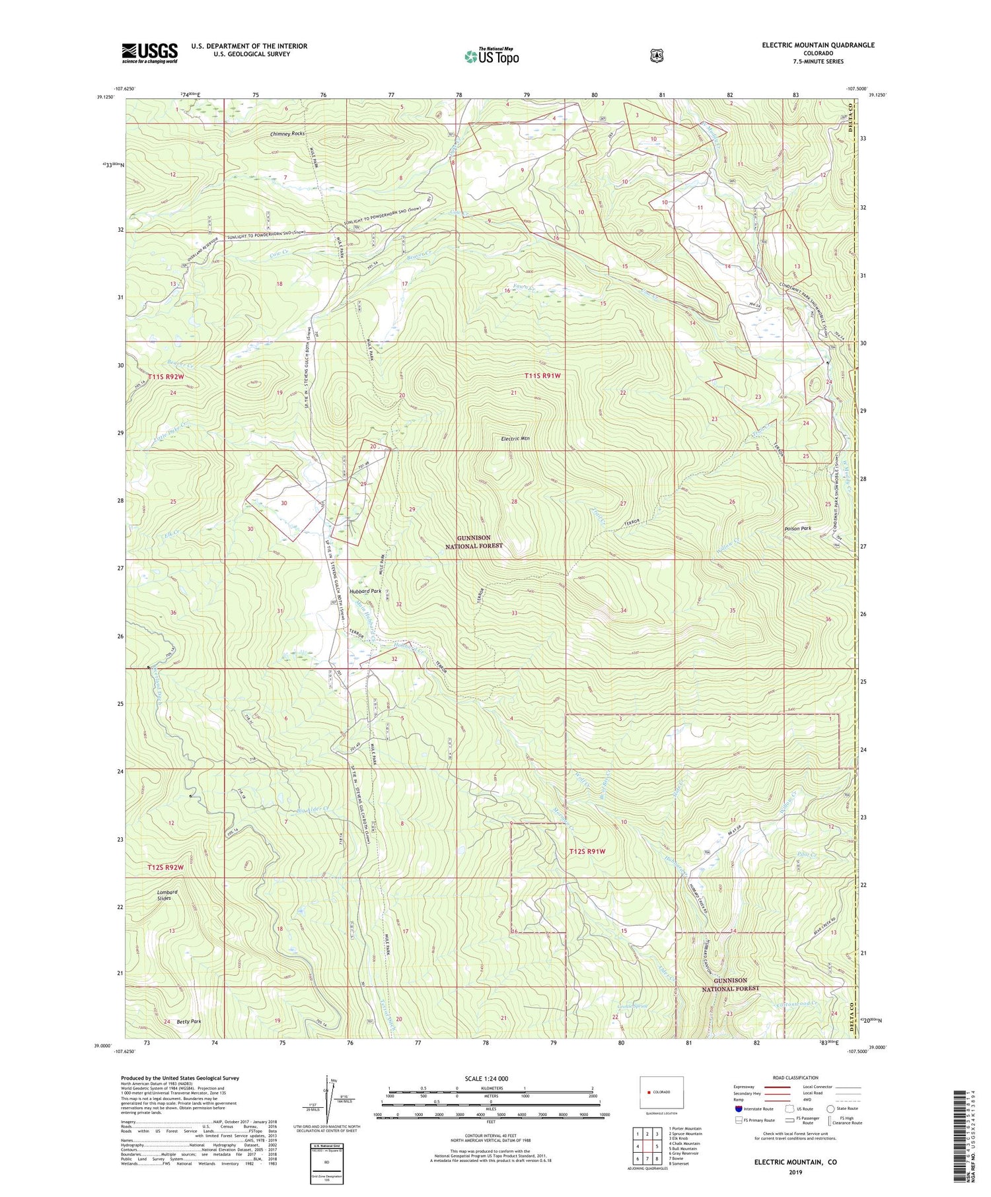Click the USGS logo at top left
[149, 53]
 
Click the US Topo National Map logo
[492, 56]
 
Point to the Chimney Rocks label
[287, 134]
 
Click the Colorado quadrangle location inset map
[661, 1092]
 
